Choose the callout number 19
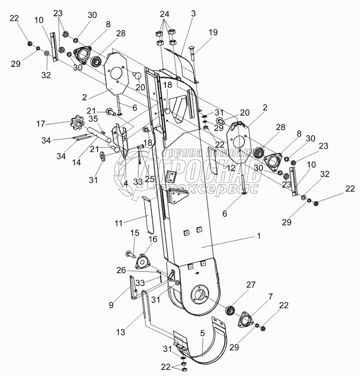[212, 32]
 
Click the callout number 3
[193, 14]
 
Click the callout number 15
[135, 233]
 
